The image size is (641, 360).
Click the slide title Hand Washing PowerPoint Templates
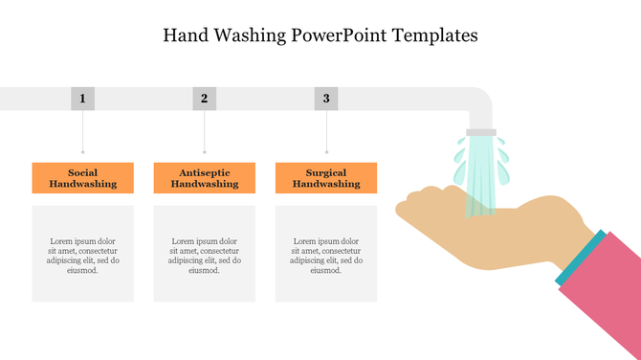(320, 35)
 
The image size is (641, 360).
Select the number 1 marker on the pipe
(82, 98)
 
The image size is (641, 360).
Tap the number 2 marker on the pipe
(204, 98)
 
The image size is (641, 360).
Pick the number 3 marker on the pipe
(326, 98)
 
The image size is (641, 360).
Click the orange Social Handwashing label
(82, 178)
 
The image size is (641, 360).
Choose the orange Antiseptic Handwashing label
(204, 178)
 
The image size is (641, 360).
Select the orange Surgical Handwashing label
(326, 178)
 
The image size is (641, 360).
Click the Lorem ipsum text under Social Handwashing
(82, 255)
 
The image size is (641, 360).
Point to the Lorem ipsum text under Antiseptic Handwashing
(204, 255)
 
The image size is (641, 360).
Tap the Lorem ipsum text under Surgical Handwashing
(326, 255)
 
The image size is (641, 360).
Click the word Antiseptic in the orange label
(204, 172)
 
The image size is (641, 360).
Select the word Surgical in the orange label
(326, 172)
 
